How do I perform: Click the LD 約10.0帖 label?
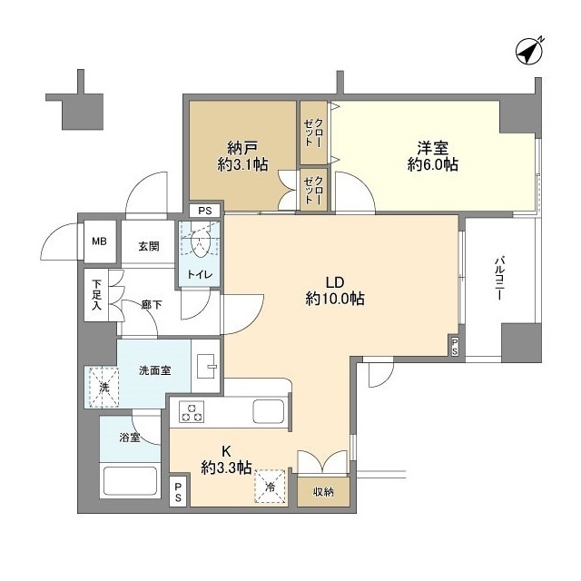click(335, 288)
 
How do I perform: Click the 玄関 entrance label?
click(149, 245)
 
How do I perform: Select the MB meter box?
click(99, 242)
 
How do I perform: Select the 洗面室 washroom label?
click(154, 370)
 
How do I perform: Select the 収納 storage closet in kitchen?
click(323, 490)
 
